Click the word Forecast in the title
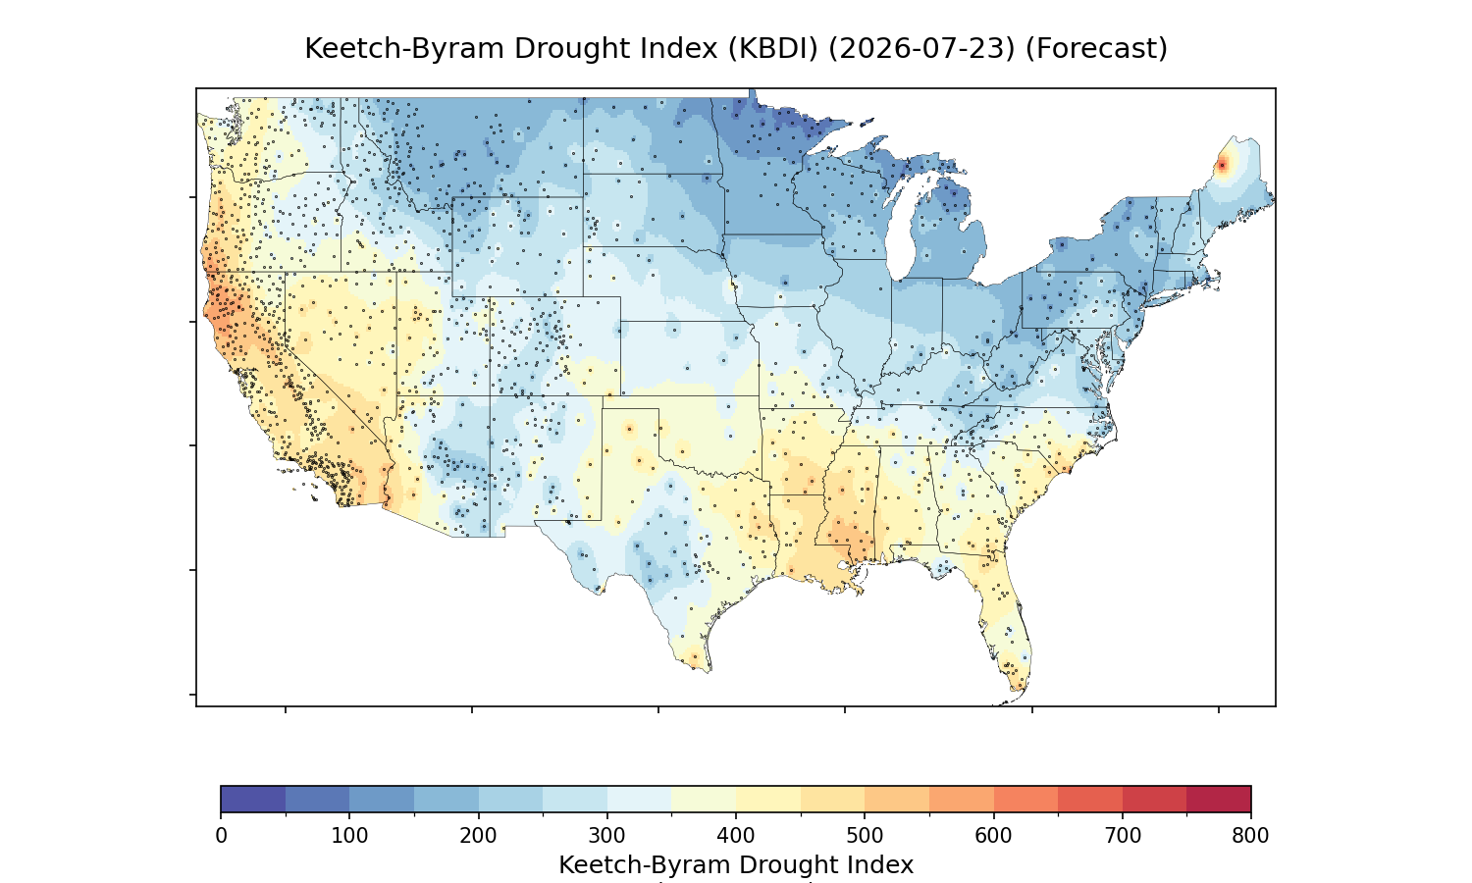pyautogui.click(x=1096, y=49)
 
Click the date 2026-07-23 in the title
pyautogui.click(x=921, y=49)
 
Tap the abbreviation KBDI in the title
pyautogui.click(x=773, y=49)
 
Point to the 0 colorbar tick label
pyautogui.click(x=222, y=836)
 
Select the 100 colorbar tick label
pyautogui.click(x=349, y=836)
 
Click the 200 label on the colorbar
pyautogui.click(x=479, y=836)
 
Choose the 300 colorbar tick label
pyautogui.click(x=607, y=836)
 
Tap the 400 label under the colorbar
pyautogui.click(x=736, y=836)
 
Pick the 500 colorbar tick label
pyautogui.click(x=865, y=836)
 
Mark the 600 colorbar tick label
pyautogui.click(x=993, y=836)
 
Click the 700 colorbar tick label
pyautogui.click(x=1123, y=836)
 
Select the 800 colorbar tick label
pyautogui.click(x=1250, y=836)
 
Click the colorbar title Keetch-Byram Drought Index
pyautogui.click(x=736, y=865)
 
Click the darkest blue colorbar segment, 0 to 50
pyautogui.click(x=253, y=799)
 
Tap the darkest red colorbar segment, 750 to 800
pyautogui.click(x=1219, y=799)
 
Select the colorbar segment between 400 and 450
pyautogui.click(x=768, y=799)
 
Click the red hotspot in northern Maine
pyautogui.click(x=1223, y=165)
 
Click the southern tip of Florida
pyautogui.click(x=1018, y=690)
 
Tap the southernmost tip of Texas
pyautogui.click(x=709, y=671)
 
